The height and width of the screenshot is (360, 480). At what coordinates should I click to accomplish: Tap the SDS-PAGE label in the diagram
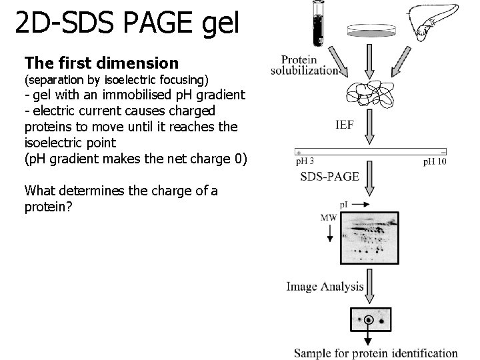tap(330, 177)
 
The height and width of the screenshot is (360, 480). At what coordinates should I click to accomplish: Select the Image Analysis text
tap(325, 286)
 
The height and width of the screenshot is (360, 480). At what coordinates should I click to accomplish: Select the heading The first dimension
tap(101, 63)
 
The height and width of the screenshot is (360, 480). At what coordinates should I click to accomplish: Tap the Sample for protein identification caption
tap(376, 353)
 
